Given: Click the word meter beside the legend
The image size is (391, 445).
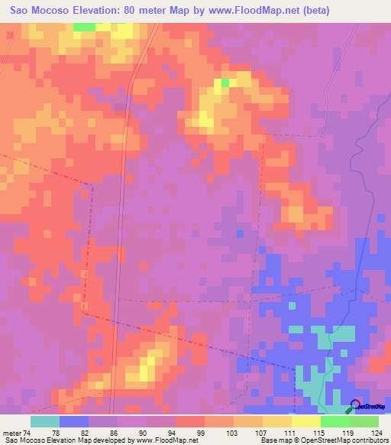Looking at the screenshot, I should pyautogui.click(x=14, y=433).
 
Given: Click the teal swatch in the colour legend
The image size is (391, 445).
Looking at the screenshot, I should pyautogui.click(x=45, y=421).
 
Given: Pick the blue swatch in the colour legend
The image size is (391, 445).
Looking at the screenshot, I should pyautogui.click(x=74, y=421).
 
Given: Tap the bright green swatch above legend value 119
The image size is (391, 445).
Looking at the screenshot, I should pyautogui.click(x=335, y=421).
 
